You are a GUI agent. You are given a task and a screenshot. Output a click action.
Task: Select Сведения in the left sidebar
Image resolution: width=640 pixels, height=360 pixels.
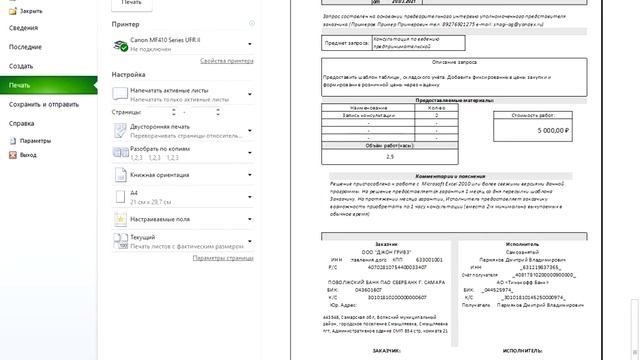click(x=24, y=27)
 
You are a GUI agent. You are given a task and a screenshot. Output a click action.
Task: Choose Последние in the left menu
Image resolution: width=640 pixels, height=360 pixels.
click(x=26, y=46)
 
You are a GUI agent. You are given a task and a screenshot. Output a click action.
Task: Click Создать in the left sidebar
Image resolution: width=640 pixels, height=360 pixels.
click(x=22, y=65)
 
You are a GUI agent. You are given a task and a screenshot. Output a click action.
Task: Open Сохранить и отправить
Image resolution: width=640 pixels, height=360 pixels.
click(x=45, y=104)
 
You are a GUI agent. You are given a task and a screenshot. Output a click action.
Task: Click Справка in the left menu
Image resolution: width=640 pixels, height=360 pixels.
click(x=22, y=123)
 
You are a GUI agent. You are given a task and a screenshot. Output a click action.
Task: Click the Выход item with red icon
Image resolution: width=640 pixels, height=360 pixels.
click(x=28, y=155)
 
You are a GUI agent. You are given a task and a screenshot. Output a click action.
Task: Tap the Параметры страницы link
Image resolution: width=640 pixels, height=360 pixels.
click(x=224, y=257)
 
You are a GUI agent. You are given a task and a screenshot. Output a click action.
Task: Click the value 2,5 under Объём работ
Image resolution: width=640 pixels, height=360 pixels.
click(x=390, y=156)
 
